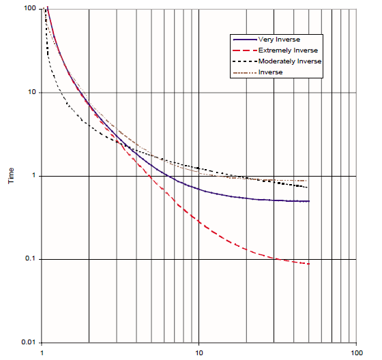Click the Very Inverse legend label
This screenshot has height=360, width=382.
(x=280, y=40)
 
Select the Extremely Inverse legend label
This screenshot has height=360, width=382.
(x=287, y=50)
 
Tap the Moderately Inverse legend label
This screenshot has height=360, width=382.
(x=289, y=61)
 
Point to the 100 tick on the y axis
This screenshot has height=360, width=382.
(x=29, y=8)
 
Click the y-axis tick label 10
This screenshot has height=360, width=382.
(x=31, y=92)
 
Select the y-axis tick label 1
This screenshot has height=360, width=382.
(x=33, y=176)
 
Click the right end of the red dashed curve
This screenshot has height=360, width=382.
(x=309, y=264)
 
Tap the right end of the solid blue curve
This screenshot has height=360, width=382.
(x=309, y=201)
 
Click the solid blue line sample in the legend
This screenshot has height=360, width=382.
(x=245, y=40)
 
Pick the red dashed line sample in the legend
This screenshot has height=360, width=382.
(x=245, y=50)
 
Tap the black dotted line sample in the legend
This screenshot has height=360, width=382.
(x=245, y=61)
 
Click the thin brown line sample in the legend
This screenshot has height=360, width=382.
(x=245, y=72)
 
